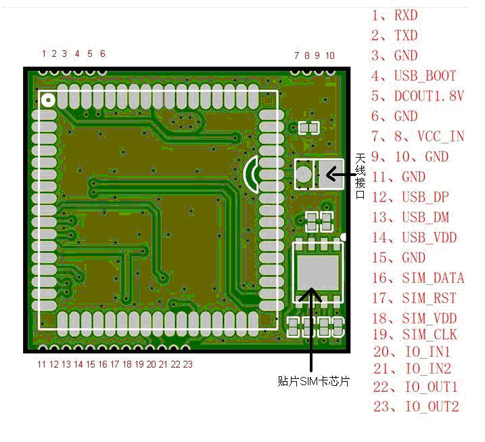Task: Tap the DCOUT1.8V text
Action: (x=429, y=96)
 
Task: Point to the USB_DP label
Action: (x=425, y=197)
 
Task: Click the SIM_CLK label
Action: (x=430, y=334)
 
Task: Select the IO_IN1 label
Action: (x=427, y=352)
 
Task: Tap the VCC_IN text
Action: (x=440, y=136)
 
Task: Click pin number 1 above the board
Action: (x=44, y=53)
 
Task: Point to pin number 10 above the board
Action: (x=329, y=55)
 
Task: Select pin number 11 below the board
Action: (x=42, y=364)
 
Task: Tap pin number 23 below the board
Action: (x=187, y=364)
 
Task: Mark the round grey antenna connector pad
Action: (x=304, y=174)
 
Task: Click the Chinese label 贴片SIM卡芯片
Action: (x=314, y=382)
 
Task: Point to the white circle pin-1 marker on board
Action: (x=49, y=100)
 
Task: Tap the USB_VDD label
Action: (x=429, y=238)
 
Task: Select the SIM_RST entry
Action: (x=429, y=298)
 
